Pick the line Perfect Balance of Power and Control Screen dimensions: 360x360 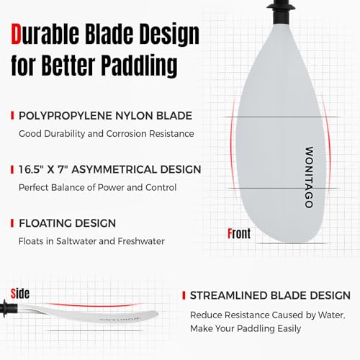[97, 187]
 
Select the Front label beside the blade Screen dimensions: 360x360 [238, 234]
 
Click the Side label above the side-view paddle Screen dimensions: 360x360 [20, 293]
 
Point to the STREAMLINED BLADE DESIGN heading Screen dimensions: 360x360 [270, 296]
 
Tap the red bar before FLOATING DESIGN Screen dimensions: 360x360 [12, 223]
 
